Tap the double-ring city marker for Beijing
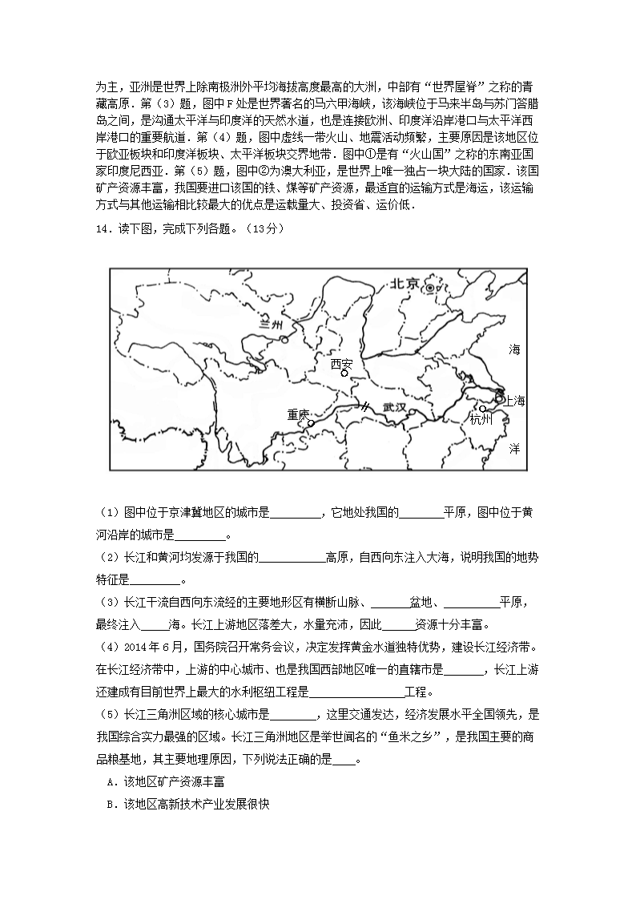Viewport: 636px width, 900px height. pyautogui.click(x=430, y=288)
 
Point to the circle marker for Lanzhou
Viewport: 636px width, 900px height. pyautogui.click(x=284, y=339)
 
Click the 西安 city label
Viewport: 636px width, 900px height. pyautogui.click(x=342, y=363)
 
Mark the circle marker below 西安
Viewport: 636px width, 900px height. pyautogui.click(x=344, y=373)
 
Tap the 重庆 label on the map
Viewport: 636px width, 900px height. pyautogui.click(x=298, y=414)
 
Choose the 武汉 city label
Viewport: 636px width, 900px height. pyautogui.click(x=395, y=407)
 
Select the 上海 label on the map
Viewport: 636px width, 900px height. pyautogui.click(x=514, y=402)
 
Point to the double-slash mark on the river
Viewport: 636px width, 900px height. pyautogui.click(x=364, y=406)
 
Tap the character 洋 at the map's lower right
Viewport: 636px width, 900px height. pyautogui.click(x=514, y=449)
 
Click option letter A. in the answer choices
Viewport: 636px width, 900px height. pyautogui.click(x=111, y=781)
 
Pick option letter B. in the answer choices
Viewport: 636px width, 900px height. pyautogui.click(x=111, y=804)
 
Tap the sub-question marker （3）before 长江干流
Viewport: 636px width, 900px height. pyautogui.click(x=110, y=603)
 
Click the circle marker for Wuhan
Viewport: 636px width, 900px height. pyautogui.click(x=411, y=413)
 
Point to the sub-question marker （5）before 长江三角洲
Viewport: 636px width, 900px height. pyautogui.click(x=110, y=714)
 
